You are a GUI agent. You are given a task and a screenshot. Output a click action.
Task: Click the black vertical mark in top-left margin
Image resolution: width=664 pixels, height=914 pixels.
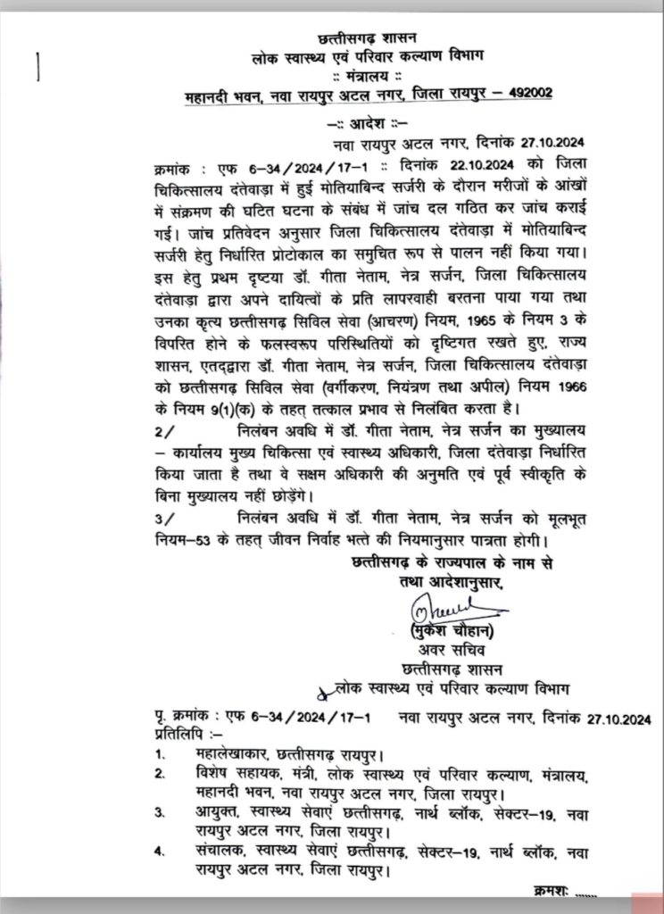point(39,68)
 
